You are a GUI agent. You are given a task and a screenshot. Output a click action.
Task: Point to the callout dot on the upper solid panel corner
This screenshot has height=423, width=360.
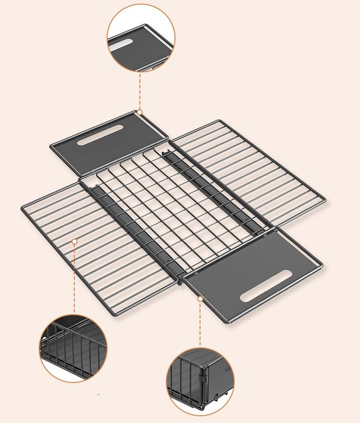(x=140, y=112)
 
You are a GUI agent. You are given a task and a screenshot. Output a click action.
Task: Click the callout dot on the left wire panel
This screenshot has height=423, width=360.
(x=75, y=241)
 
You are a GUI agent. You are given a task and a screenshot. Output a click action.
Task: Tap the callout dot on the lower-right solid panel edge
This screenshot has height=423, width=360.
(x=200, y=299)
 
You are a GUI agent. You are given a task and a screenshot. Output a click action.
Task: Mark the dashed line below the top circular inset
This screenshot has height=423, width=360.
(x=140, y=91)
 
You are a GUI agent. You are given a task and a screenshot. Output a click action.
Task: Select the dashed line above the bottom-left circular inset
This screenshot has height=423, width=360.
(x=75, y=278)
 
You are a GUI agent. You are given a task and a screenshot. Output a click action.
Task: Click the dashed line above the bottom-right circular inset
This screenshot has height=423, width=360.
(x=200, y=323)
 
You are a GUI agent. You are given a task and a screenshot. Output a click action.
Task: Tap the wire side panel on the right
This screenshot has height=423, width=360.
(x=255, y=173)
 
